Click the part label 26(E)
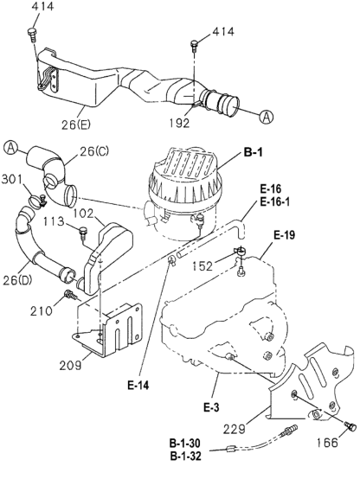point(76,124)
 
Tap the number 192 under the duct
point(180,123)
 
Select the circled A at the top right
point(266,117)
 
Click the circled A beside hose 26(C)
point(11,147)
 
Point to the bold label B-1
point(253,152)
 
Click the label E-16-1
point(274,202)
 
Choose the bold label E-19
point(284,235)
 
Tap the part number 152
point(202,266)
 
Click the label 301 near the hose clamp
point(12,179)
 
